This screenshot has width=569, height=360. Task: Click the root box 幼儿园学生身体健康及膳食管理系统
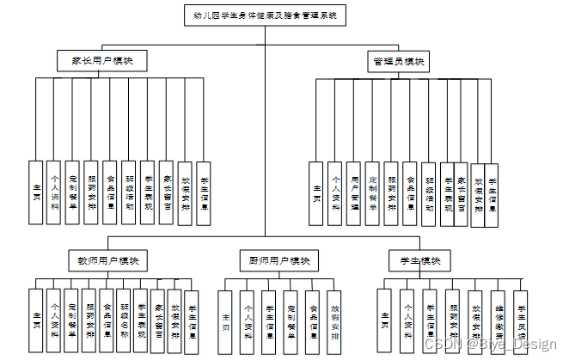coord(265,15)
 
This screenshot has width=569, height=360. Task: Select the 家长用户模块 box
coord(101,61)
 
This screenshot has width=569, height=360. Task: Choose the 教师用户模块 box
coord(108,260)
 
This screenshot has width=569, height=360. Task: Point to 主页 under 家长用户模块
coord(35,193)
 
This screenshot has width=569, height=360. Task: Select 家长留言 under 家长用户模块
coord(167,193)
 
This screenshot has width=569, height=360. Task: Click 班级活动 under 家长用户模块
coord(129,193)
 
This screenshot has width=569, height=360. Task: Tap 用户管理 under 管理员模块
coord(354,194)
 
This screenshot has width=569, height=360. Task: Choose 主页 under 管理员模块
coord(316,194)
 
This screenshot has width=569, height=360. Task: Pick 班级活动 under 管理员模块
coord(429,194)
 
